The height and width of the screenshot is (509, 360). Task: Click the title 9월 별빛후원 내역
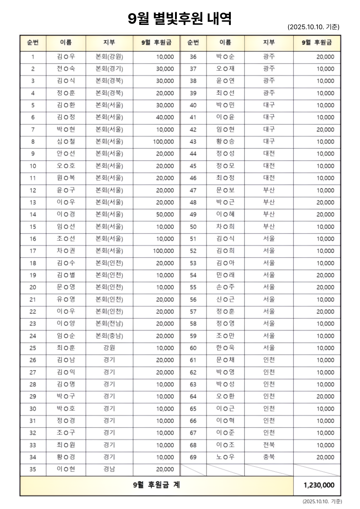[180, 19]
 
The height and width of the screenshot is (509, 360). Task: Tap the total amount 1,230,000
[319, 485]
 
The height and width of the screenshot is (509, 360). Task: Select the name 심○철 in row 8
[66, 141]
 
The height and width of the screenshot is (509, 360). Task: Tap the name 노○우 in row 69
[225, 457]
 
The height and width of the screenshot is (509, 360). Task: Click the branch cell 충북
[269, 457]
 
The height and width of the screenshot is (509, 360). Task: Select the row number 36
[193, 57]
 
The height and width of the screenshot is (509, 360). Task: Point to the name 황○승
[225, 141]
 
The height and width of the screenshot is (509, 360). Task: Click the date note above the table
[313, 27]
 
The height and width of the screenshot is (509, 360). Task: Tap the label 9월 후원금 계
[156, 485]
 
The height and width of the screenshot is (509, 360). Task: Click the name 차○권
[66, 251]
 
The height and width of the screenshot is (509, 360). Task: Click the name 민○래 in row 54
[225, 275]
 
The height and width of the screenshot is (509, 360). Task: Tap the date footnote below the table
[322, 501]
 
